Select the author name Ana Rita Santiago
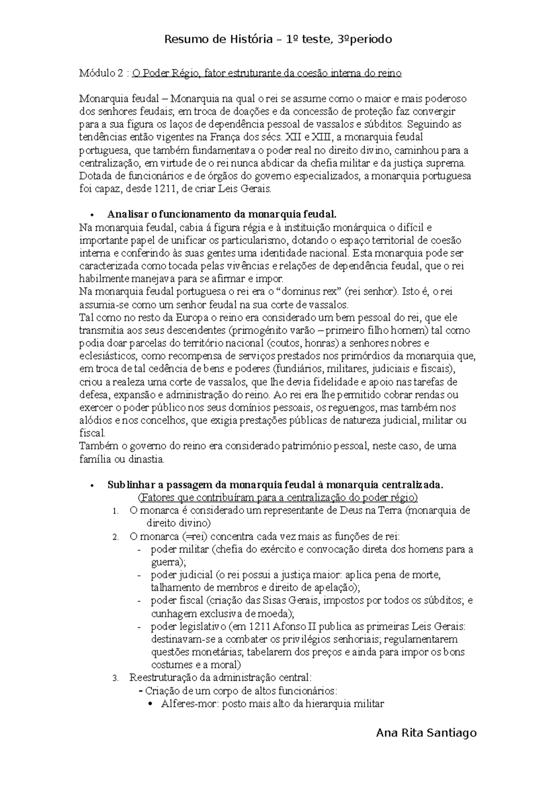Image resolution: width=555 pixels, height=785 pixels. click(426, 732)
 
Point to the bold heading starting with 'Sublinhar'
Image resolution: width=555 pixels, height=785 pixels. click(275, 485)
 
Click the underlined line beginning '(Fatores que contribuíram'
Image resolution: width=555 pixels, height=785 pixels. click(278, 498)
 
